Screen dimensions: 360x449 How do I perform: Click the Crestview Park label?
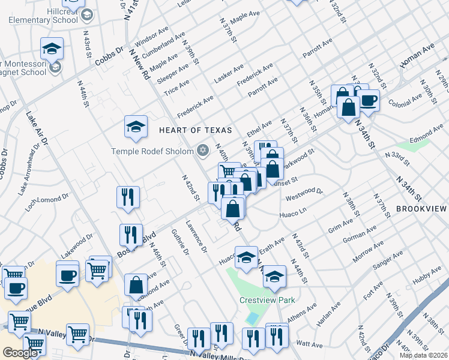pyautogui.click(x=265, y=299)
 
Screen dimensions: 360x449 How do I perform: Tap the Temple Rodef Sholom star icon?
pyautogui.click(x=202, y=149)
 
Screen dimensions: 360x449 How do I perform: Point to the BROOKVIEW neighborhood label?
pyautogui.click(x=421, y=209)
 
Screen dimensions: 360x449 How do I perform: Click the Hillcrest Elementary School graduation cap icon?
pyautogui.click(x=88, y=14)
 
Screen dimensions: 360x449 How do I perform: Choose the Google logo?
pyautogui.click(x=20, y=353)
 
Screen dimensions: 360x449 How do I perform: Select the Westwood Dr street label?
pyautogui.click(x=304, y=195)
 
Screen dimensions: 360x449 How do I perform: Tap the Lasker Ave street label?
pyautogui.click(x=229, y=73)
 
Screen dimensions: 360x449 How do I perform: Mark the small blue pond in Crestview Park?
pyautogui.click(x=253, y=318)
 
